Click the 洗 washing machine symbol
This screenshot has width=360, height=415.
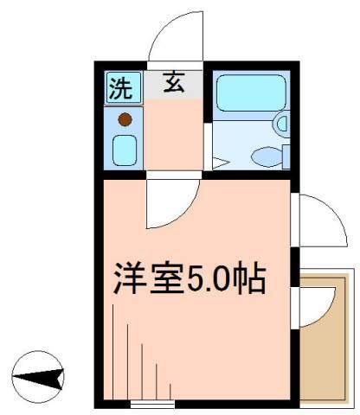pyautogui.click(x=119, y=86)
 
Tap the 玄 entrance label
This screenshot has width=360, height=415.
pyautogui.click(x=175, y=85)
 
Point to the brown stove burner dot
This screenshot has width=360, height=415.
pyautogui.click(x=125, y=119)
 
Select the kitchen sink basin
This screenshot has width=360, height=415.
pyautogui.click(x=124, y=150)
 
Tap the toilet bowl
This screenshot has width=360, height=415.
pyautogui.click(x=266, y=156)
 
